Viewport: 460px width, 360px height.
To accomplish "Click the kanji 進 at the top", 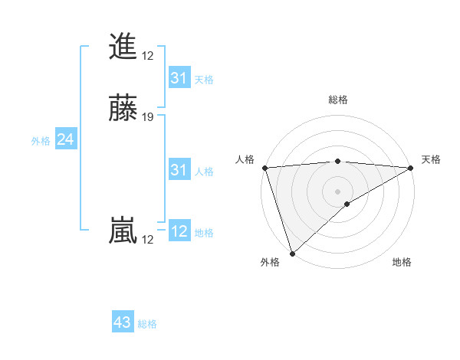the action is pos(123,47).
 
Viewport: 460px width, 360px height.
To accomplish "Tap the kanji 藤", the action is pos(123,109).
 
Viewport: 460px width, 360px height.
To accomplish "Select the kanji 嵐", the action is pos(123,231).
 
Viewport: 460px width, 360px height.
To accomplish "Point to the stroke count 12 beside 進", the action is pos(148,56).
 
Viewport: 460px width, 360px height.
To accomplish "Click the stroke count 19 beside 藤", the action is pos(148,117).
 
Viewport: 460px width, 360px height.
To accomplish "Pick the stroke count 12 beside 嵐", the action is pos(148,240).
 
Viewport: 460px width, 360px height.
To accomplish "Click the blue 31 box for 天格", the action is pos(179,78).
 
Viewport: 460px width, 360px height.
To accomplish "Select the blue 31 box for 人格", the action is pos(179,170).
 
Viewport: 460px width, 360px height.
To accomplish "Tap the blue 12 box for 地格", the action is pos(179,231).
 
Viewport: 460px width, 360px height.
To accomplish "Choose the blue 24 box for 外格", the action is pos(65,139).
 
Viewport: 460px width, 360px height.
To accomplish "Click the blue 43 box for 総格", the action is pos(123,322).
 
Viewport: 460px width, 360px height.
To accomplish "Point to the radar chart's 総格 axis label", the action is pos(337,100).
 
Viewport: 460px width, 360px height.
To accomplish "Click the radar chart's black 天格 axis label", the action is pos(432,159).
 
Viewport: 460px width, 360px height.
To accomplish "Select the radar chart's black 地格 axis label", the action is pos(402,263).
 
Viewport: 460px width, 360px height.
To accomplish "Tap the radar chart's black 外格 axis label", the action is pos(270,263).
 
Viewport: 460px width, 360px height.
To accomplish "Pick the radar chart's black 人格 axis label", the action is pos(245,159).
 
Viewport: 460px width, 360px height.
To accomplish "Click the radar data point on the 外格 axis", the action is pos(292,253).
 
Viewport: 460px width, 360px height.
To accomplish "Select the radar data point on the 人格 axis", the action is pos(264,167).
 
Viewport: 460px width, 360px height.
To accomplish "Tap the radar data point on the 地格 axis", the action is pos(347,204).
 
